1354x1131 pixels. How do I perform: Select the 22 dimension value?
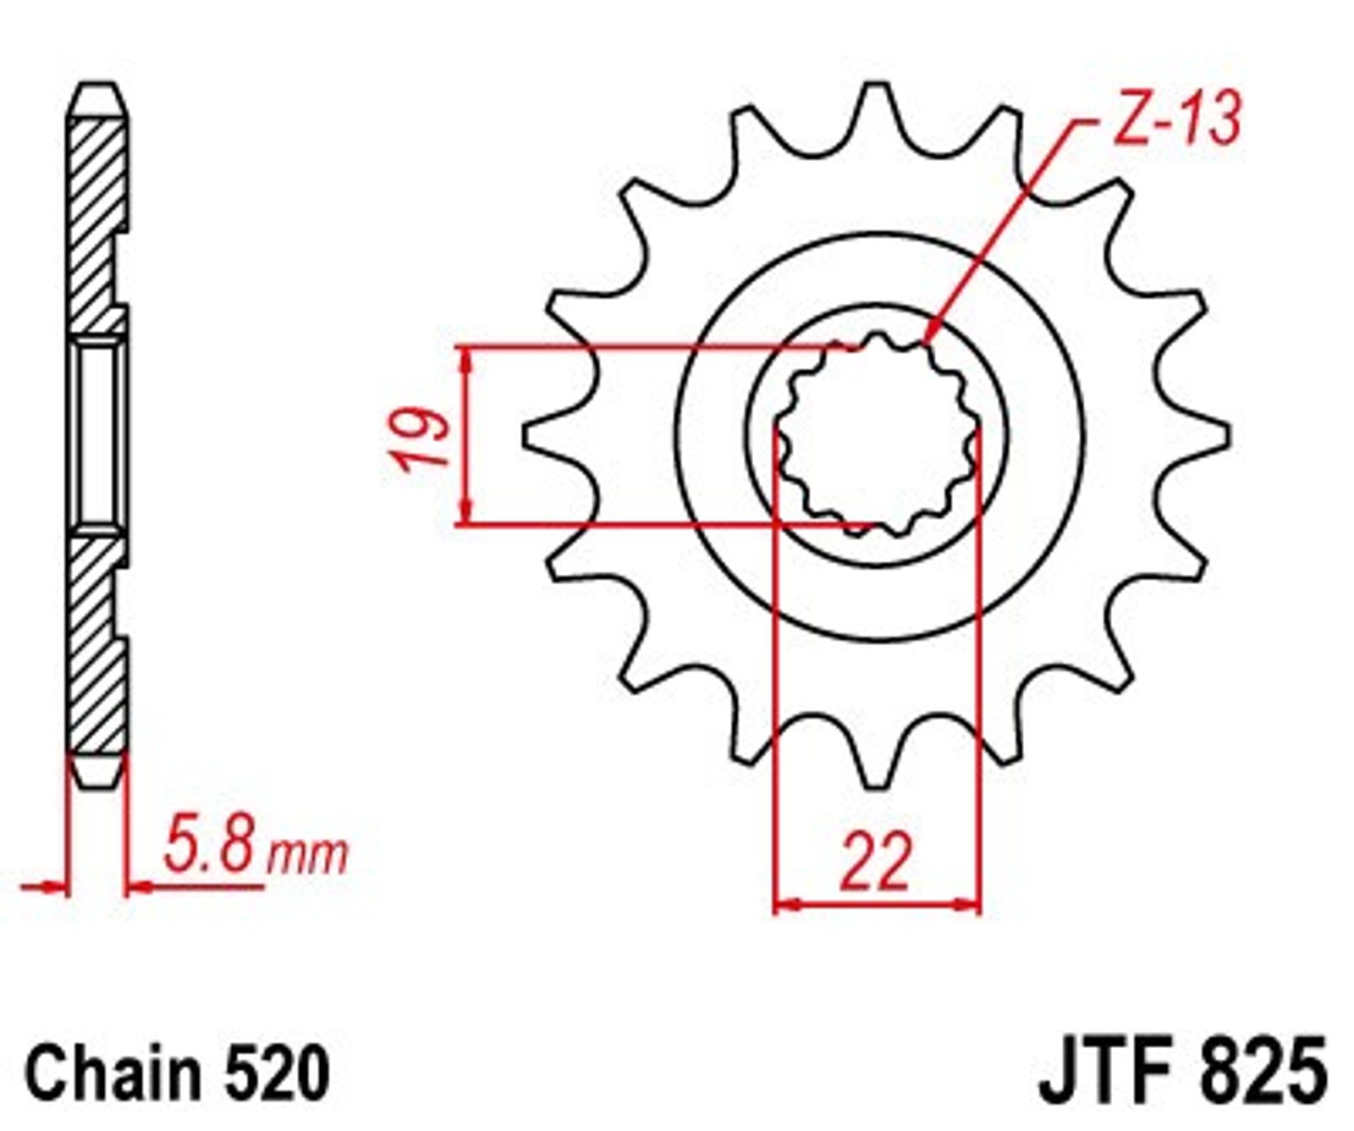(877, 861)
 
